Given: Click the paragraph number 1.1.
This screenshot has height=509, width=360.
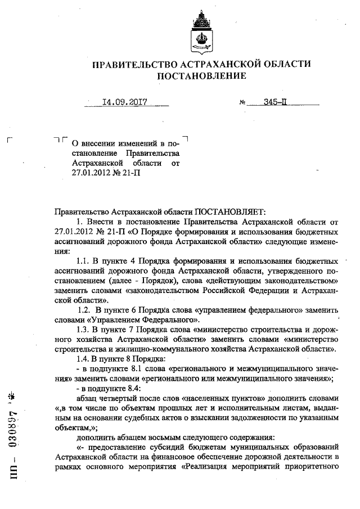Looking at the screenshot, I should click(x=83, y=262).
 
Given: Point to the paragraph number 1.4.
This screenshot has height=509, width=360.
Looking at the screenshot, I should click(x=83, y=359).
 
